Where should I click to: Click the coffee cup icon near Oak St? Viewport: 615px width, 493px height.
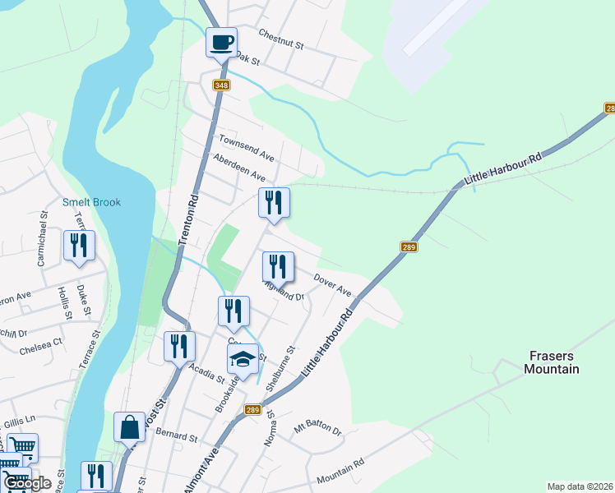pyautogui.click(x=220, y=42)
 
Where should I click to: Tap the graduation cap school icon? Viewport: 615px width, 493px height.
pyautogui.click(x=242, y=359)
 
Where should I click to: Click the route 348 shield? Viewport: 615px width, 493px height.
pyautogui.click(x=220, y=85)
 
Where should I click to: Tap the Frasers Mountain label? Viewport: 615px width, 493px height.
pyautogui.click(x=552, y=362)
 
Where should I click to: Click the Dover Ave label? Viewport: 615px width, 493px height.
pyautogui.click(x=332, y=286)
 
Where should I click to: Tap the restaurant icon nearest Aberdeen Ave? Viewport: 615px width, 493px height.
pyautogui.click(x=275, y=203)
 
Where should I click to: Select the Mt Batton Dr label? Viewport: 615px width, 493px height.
pyautogui.click(x=317, y=428)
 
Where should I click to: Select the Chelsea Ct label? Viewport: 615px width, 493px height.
pyautogui.click(x=46, y=340)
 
